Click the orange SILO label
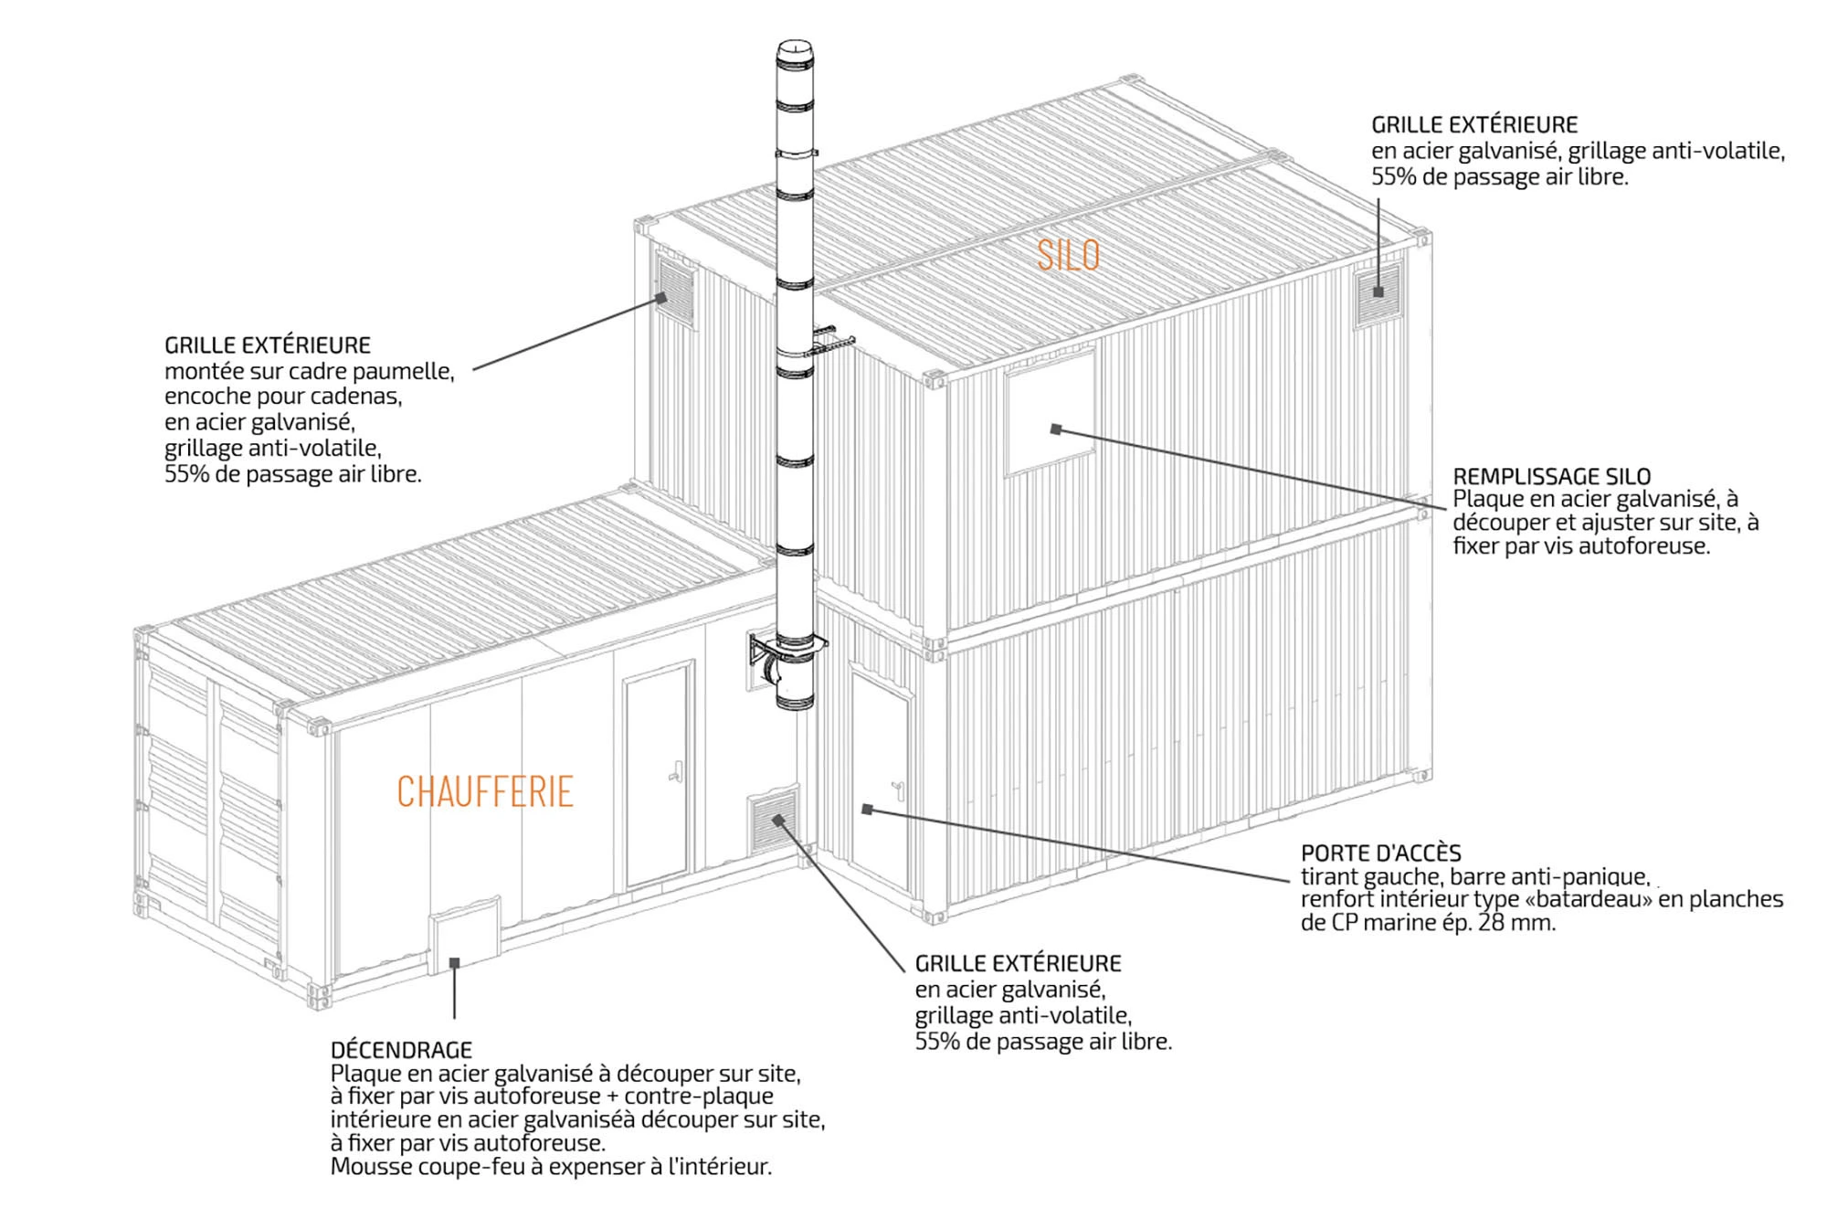pos(1068,255)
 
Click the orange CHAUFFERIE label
pos(485,791)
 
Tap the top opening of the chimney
pos(794,47)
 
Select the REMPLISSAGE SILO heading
pos(1551,476)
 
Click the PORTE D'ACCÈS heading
pos(1380,853)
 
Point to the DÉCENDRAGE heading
pos(401,1049)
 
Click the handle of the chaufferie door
pos(676,772)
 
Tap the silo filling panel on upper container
pos(1051,413)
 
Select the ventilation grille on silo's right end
pos(1377,294)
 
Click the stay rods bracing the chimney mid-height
pos(828,339)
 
